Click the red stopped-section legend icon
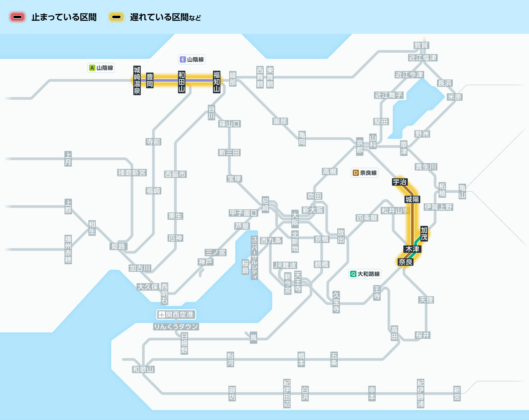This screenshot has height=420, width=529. pyautogui.click(x=17, y=17)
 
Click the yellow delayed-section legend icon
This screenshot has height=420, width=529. pyautogui.click(x=116, y=17)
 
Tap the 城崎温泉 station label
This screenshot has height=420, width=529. pyautogui.click(x=137, y=80)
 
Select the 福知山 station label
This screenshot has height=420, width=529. pyautogui.click(x=217, y=82)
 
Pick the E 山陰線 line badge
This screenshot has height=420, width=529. pyautogui.click(x=192, y=60)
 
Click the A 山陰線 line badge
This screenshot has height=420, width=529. pyautogui.click(x=101, y=68)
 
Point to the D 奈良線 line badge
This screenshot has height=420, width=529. pyautogui.click(x=364, y=173)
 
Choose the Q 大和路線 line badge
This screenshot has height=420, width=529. pyautogui.click(x=365, y=274)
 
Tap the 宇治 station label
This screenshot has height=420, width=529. pyautogui.click(x=400, y=182)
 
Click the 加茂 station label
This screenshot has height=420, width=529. pyautogui.click(x=424, y=234)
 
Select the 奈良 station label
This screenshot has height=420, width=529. pyautogui.click(x=405, y=262)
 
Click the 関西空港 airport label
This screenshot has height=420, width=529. pyautogui.click(x=176, y=314)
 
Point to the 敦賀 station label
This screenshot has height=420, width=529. pyautogui.click(x=421, y=45)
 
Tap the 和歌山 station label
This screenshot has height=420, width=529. pyautogui.click(x=143, y=369)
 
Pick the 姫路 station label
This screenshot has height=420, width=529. pyautogui.click(x=118, y=246)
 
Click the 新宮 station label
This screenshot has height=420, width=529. pyautogui.click(x=457, y=394)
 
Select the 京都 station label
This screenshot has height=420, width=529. pyautogui.click(x=360, y=147)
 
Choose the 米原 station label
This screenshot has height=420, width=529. pyautogui.click(x=454, y=97)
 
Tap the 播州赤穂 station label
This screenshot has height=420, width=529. pyautogui.click(x=68, y=249)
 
